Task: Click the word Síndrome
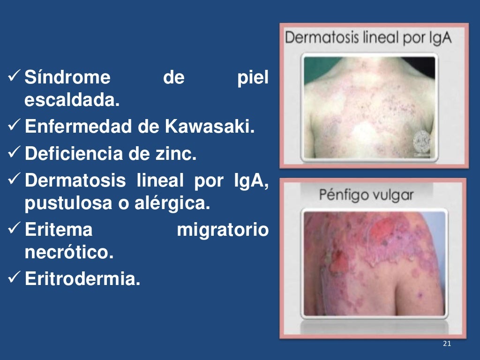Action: coord(67,77)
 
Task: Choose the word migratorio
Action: coord(223,230)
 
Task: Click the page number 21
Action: coord(446,344)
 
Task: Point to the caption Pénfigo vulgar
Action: coord(366,195)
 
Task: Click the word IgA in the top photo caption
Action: coord(438,37)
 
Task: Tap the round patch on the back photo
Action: coord(423,140)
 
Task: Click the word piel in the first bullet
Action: coord(253,77)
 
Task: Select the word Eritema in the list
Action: coord(59,230)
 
